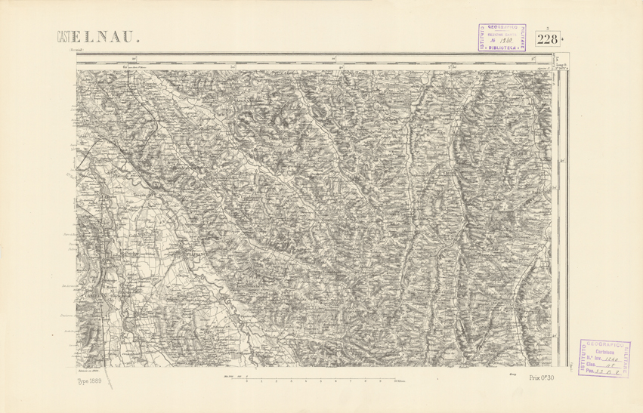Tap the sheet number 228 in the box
pyautogui.click(x=548, y=39)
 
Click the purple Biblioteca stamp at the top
pyautogui.click(x=505, y=36)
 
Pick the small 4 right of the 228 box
pyautogui.click(x=564, y=39)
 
